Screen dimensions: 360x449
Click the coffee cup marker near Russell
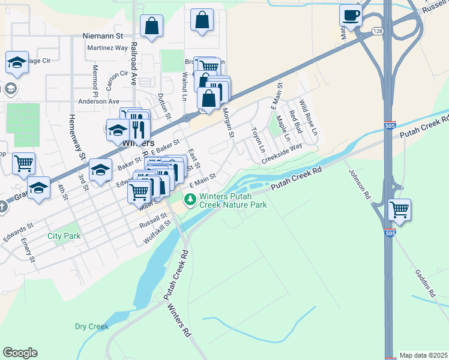point(351,16)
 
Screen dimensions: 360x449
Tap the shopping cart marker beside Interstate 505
point(399,210)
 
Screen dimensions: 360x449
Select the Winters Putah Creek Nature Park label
point(233,200)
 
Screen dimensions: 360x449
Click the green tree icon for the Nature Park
point(190,199)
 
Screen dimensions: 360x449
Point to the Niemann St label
point(107,36)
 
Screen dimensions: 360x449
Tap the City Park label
point(64,236)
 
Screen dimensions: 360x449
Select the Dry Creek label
point(91,326)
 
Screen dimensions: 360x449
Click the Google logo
point(20,353)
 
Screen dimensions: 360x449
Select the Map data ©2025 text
point(423,355)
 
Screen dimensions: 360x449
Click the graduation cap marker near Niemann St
point(17,62)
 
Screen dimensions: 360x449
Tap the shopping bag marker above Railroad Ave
point(152,26)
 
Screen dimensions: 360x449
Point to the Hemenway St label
point(76,139)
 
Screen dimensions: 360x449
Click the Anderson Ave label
point(99,101)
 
